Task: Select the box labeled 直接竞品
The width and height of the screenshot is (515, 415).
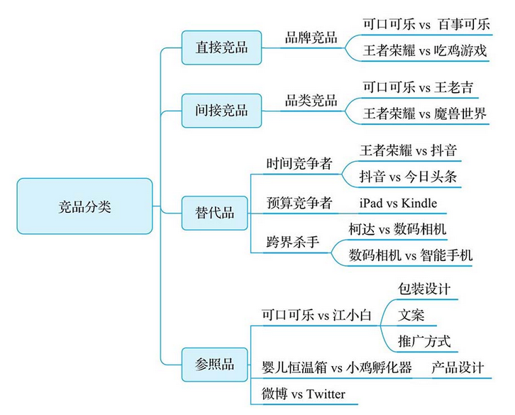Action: tap(222, 48)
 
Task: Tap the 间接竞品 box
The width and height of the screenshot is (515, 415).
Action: tap(222, 110)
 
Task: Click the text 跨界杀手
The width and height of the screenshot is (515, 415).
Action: tap(292, 242)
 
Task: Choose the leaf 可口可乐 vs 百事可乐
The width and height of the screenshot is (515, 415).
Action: tap(426, 25)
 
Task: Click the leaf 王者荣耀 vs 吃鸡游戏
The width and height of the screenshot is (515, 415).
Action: tap(425, 50)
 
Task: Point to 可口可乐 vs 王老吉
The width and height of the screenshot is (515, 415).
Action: tap(418, 87)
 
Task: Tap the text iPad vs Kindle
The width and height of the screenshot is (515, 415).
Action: tap(398, 204)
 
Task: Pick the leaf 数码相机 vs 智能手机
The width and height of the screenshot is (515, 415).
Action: tap(411, 255)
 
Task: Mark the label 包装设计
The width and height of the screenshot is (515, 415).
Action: tap(424, 289)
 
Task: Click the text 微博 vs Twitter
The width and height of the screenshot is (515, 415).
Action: tap(304, 394)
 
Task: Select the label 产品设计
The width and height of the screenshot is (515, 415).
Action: tap(458, 367)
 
